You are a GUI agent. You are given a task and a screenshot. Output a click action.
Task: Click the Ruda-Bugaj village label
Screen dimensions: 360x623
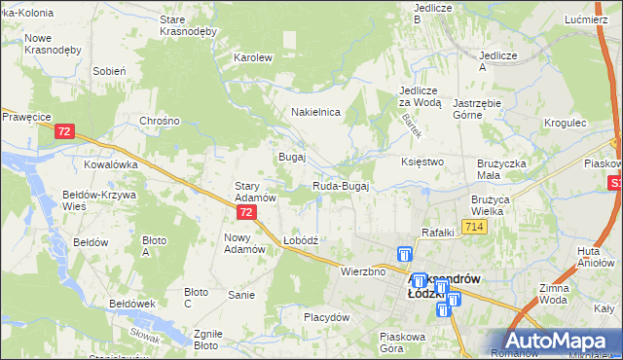(340, 186)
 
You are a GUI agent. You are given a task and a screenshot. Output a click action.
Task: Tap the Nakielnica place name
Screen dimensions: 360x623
(315, 112)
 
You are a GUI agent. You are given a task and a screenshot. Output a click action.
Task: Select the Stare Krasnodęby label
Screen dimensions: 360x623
(187, 25)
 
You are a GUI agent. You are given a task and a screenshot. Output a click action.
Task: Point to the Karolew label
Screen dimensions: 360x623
(252, 57)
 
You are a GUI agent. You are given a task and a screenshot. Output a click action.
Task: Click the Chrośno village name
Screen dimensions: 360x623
(160, 121)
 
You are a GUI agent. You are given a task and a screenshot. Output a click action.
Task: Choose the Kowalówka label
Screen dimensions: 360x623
(110, 164)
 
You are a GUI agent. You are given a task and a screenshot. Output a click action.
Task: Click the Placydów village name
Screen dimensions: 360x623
(326, 317)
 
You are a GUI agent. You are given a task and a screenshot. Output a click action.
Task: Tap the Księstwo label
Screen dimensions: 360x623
(422, 162)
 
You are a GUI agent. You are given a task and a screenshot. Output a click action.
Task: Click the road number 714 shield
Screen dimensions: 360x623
(474, 227)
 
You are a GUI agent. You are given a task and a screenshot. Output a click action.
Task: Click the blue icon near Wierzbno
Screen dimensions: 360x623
(405, 254)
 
